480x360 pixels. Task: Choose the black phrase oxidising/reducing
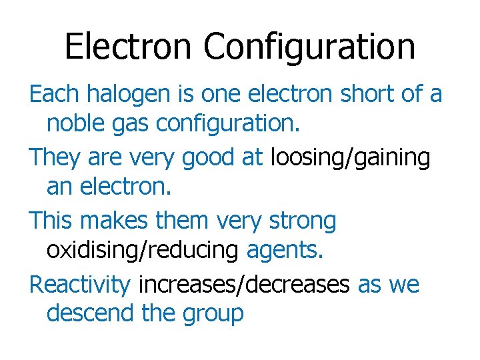(x=142, y=251)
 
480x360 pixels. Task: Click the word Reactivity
(x=80, y=285)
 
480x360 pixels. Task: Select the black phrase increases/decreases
(x=244, y=285)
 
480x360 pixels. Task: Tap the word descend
(x=91, y=313)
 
